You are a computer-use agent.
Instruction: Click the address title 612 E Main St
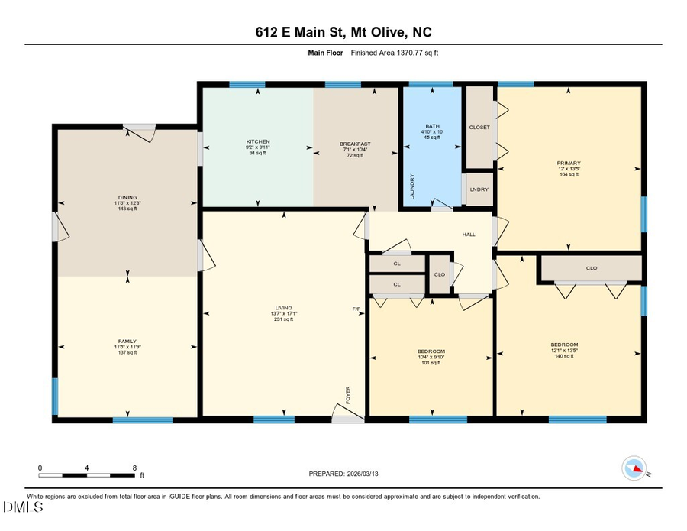tap(343, 32)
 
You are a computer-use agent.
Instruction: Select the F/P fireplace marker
tap(356, 309)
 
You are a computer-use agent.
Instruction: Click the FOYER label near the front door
tap(348, 395)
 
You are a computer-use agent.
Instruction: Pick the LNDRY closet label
tap(479, 189)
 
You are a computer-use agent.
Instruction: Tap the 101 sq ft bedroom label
tap(431, 357)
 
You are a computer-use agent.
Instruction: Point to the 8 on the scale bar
tap(134, 468)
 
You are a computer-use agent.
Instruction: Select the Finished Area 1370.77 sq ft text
tap(395, 53)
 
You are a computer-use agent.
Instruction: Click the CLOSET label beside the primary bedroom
tap(479, 127)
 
